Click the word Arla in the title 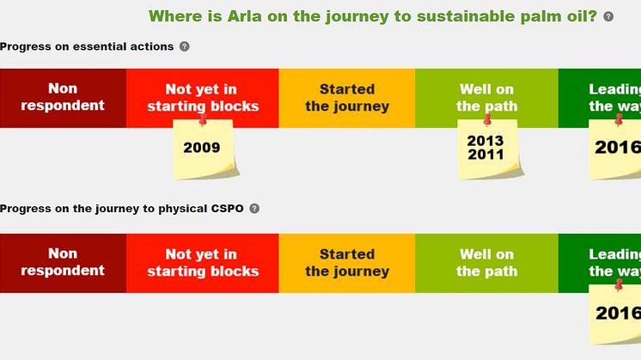click(x=245, y=16)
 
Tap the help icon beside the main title click(x=608, y=16)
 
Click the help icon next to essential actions click(x=185, y=46)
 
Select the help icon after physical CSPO click(x=254, y=209)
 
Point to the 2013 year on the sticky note click(x=485, y=141)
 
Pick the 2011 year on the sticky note click(x=485, y=155)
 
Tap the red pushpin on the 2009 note click(x=203, y=120)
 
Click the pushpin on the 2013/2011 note click(x=487, y=120)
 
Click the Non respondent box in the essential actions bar click(x=63, y=98)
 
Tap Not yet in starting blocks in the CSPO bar click(x=203, y=263)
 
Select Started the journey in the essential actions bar click(x=346, y=98)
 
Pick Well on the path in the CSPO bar click(x=486, y=263)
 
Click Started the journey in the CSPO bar click(x=346, y=263)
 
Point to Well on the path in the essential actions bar click(x=486, y=98)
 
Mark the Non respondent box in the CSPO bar click(x=63, y=263)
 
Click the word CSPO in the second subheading click(x=228, y=209)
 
